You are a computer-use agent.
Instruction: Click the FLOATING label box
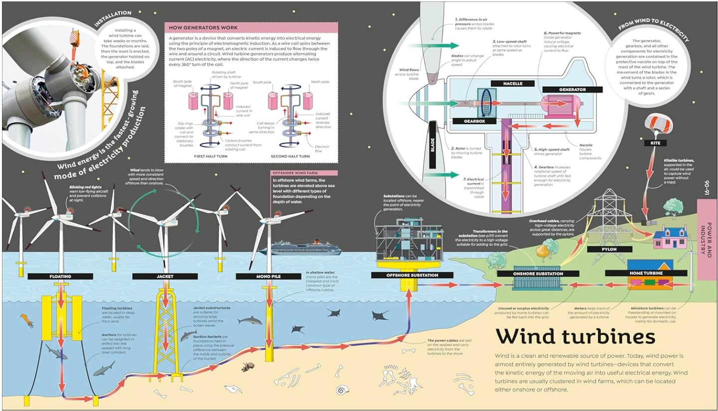(60, 276)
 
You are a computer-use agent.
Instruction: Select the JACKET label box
(165, 276)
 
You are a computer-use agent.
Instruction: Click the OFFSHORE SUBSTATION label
(412, 275)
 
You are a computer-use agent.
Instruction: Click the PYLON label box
(609, 249)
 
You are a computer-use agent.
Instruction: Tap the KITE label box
(655, 143)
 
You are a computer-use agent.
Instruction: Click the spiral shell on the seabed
(342, 390)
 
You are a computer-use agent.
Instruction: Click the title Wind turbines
(575, 337)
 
